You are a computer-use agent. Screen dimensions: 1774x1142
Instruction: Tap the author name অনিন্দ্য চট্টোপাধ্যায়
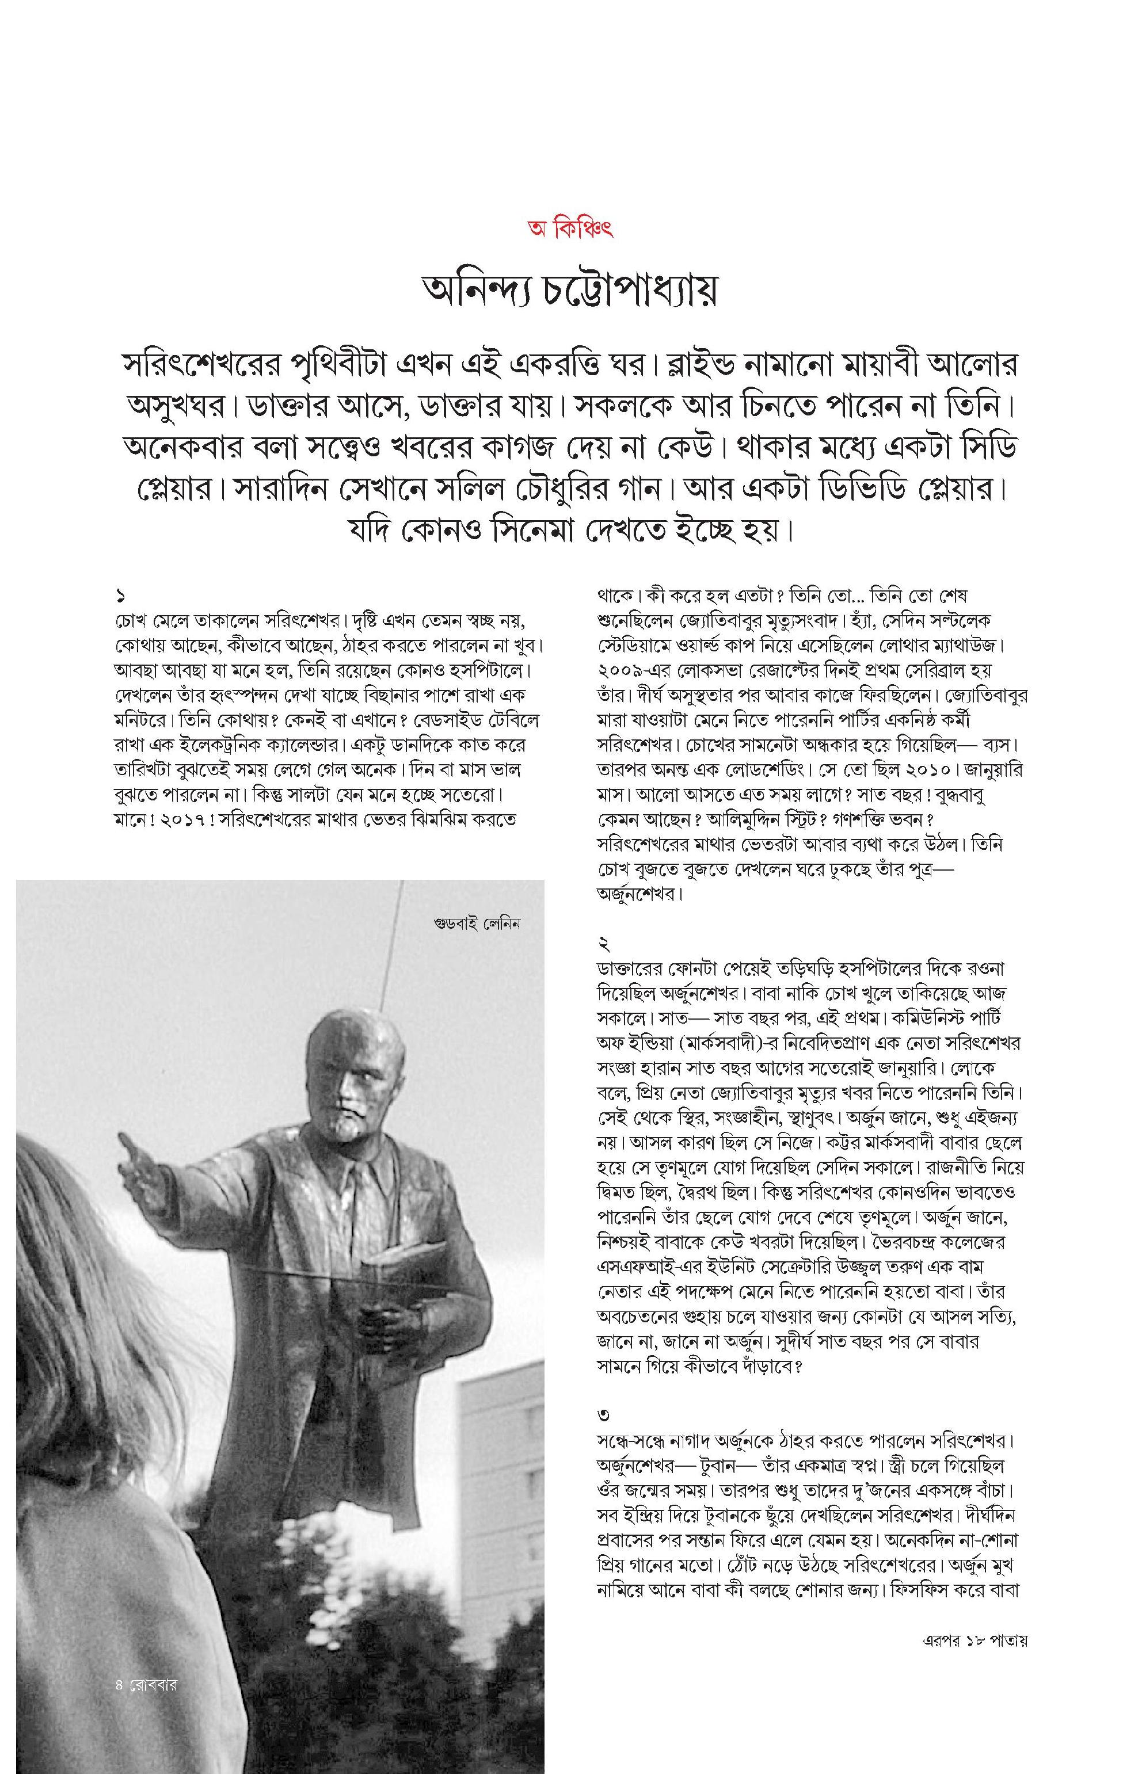[569, 293]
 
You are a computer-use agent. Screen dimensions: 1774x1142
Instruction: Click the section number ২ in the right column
[604, 944]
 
